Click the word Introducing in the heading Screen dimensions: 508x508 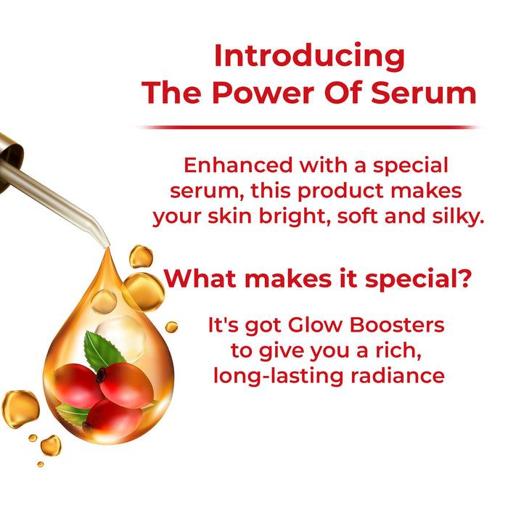click(309, 56)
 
